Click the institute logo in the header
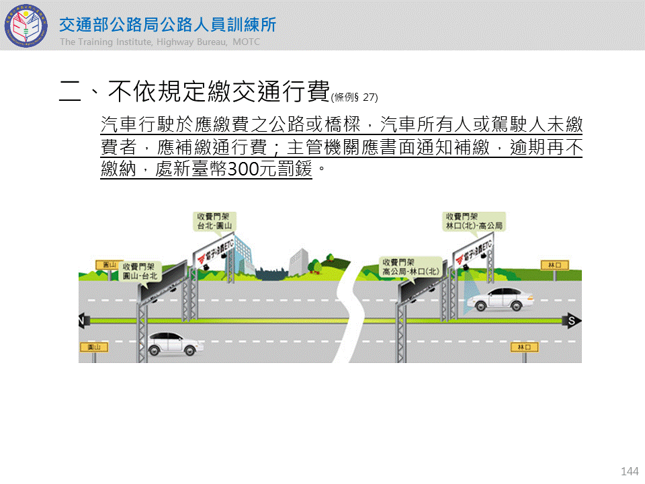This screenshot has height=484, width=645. coord(27,26)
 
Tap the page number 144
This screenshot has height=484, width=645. coord(630,471)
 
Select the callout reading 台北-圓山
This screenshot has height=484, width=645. coord(214,222)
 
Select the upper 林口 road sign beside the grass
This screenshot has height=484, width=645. coord(554,266)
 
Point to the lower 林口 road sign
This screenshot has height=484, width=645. coord(525,347)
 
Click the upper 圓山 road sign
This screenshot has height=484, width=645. coord(105,265)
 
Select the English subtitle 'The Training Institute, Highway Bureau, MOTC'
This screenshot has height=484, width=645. coord(159,42)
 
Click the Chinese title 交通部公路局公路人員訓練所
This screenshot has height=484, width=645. coord(167,25)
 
